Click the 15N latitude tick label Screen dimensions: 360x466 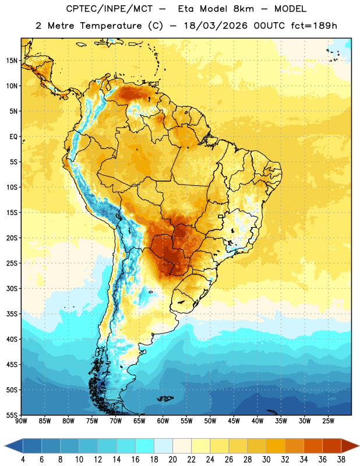point(12,61)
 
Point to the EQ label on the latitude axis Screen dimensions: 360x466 point(13,137)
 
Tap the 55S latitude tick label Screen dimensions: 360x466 point(12,415)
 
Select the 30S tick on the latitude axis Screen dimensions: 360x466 point(12,288)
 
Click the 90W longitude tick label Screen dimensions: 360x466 point(21,421)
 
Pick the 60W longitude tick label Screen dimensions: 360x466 point(163,421)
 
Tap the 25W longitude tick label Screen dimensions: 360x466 point(328,421)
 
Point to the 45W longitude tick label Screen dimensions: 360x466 point(234,421)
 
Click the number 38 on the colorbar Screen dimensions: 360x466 point(341,460)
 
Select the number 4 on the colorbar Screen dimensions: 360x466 point(23,460)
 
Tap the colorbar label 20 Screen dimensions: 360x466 point(172,460)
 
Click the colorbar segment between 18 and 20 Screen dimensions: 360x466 point(164,446)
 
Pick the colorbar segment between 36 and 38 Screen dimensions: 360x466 point(332,446)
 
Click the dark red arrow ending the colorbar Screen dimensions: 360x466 point(350,446)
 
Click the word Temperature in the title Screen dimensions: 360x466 point(111,26)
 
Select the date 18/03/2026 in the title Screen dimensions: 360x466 point(216,26)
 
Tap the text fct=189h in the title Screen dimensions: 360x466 point(314,26)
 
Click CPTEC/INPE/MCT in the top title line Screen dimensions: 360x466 point(109,9)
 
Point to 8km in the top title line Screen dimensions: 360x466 point(243,9)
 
